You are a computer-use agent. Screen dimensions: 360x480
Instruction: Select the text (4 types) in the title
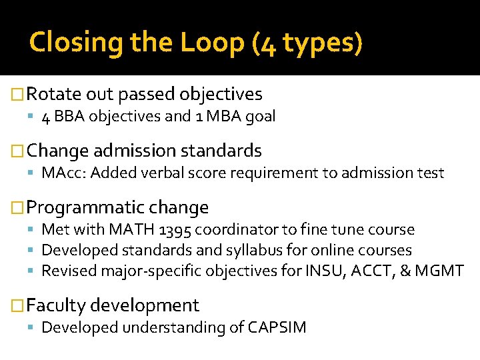pos(307,43)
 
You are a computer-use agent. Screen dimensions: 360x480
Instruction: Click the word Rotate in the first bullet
pos(54,94)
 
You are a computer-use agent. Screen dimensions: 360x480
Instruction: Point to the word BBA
pos(69,117)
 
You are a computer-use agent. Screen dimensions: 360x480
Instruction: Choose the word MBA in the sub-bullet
pos(225,117)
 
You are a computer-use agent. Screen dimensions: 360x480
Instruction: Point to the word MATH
pos(134,230)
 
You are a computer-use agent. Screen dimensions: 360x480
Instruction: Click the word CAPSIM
pos(277,328)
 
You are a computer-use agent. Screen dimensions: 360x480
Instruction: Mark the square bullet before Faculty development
pos(19,306)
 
